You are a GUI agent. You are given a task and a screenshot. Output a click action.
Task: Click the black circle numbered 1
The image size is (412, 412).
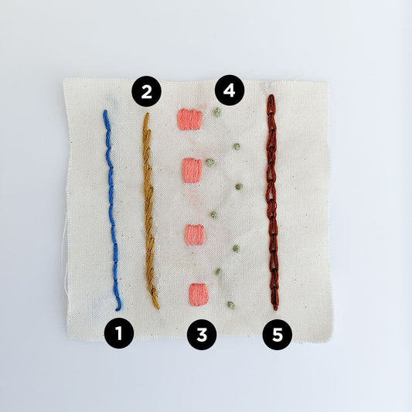coord(119,333)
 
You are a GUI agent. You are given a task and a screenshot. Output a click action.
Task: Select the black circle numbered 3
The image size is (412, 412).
coord(202,334)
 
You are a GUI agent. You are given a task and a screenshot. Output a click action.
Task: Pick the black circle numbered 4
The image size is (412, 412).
coord(229,90)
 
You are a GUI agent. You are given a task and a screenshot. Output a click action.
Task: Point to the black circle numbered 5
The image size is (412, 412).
coord(278,334)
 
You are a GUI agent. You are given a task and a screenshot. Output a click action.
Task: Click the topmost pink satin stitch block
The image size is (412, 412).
coord(189,119)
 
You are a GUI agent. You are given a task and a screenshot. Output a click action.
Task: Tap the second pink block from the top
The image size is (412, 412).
coord(192,170)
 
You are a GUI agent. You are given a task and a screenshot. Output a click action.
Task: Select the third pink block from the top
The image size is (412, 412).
coord(195,234)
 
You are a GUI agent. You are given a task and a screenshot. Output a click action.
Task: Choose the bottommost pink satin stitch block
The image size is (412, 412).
coord(199,293)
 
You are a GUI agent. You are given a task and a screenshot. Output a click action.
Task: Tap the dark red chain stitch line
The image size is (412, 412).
coord(271,201)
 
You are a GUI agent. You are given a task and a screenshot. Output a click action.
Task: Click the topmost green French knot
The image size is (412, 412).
coord(217,112)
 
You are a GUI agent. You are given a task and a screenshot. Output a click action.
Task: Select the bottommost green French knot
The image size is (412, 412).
coord(230,305)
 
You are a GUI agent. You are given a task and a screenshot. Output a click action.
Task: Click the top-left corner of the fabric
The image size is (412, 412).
coord(64,79)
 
